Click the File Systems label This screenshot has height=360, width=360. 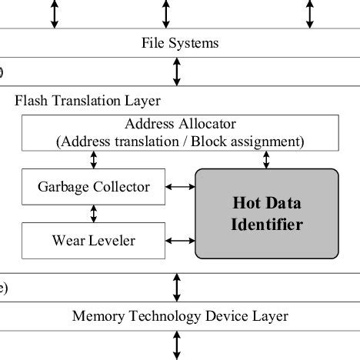(x=180, y=43)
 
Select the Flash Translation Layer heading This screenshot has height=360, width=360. (x=88, y=101)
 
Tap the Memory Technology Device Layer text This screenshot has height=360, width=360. (x=180, y=315)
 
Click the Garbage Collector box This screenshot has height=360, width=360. (x=94, y=187)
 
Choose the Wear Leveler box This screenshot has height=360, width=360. (x=94, y=241)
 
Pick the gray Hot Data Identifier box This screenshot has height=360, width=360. (x=267, y=214)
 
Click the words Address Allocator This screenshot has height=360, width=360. (x=180, y=125)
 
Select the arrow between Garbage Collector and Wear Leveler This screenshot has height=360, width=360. (x=94, y=213)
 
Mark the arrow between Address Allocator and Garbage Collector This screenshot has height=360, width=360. (x=94, y=159)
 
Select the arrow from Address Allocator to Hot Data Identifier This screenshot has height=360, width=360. (x=267, y=159)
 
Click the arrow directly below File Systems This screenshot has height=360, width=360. (x=178, y=71)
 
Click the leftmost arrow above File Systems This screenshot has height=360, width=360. (x=55, y=14)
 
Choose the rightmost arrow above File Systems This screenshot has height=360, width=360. (x=309, y=14)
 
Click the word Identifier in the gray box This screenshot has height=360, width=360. (x=267, y=225)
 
